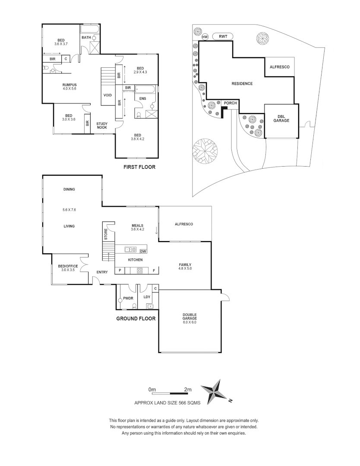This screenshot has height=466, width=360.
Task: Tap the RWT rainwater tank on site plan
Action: pyautogui.click(x=223, y=37)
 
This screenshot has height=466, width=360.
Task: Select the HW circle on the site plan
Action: pyautogui.click(x=205, y=37)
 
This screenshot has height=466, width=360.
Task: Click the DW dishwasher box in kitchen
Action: pyautogui.click(x=143, y=251)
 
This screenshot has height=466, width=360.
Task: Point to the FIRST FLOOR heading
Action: pyautogui.click(x=139, y=167)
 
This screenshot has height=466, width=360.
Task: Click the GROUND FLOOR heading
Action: pyautogui.click(x=136, y=319)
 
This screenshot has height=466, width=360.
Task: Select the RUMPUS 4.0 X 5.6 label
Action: pyautogui.click(x=69, y=87)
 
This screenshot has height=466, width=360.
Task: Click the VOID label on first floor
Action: pyautogui.click(x=107, y=95)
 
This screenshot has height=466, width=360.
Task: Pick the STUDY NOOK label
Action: pyautogui.click(x=102, y=126)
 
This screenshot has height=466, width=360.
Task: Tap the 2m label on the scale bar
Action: pyautogui.click(x=187, y=389)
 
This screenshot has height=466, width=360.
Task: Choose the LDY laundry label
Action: pyautogui.click(x=147, y=297)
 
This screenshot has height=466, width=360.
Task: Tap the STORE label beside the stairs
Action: pyautogui.click(x=105, y=235)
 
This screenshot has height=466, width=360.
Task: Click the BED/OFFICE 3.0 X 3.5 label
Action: pyautogui.click(x=68, y=268)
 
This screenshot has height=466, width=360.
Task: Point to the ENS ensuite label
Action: pyautogui.click(x=142, y=98)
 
